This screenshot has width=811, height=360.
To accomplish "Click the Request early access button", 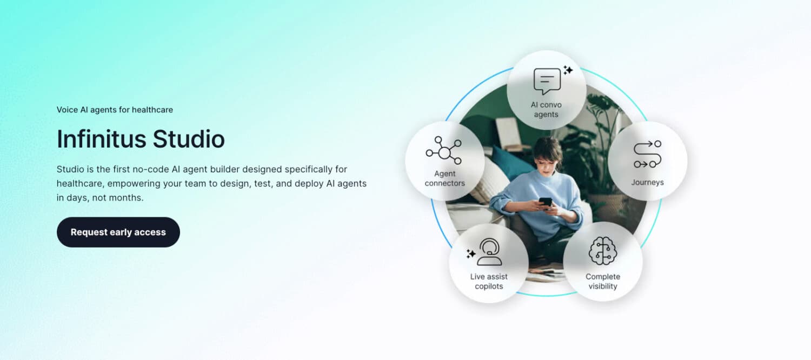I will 118,232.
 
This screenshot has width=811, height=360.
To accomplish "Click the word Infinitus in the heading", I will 101,139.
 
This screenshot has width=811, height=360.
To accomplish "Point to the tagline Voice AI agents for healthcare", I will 115,110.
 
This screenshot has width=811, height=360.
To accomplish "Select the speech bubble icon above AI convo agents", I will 547,81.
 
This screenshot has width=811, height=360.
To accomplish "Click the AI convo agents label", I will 546,110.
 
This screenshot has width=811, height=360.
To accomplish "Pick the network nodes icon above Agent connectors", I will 444,151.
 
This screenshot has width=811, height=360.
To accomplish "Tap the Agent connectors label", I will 444,178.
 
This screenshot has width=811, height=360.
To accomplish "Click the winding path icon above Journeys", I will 647,154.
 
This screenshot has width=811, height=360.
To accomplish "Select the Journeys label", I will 647,183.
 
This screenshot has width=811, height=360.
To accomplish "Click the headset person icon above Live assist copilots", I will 490,252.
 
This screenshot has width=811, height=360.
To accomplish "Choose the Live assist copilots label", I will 489,282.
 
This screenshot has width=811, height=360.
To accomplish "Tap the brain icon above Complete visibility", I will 603,251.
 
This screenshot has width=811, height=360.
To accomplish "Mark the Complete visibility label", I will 603,282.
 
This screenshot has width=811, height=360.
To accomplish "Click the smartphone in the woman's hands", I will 546,202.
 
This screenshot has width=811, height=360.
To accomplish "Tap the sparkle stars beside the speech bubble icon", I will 568,70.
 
